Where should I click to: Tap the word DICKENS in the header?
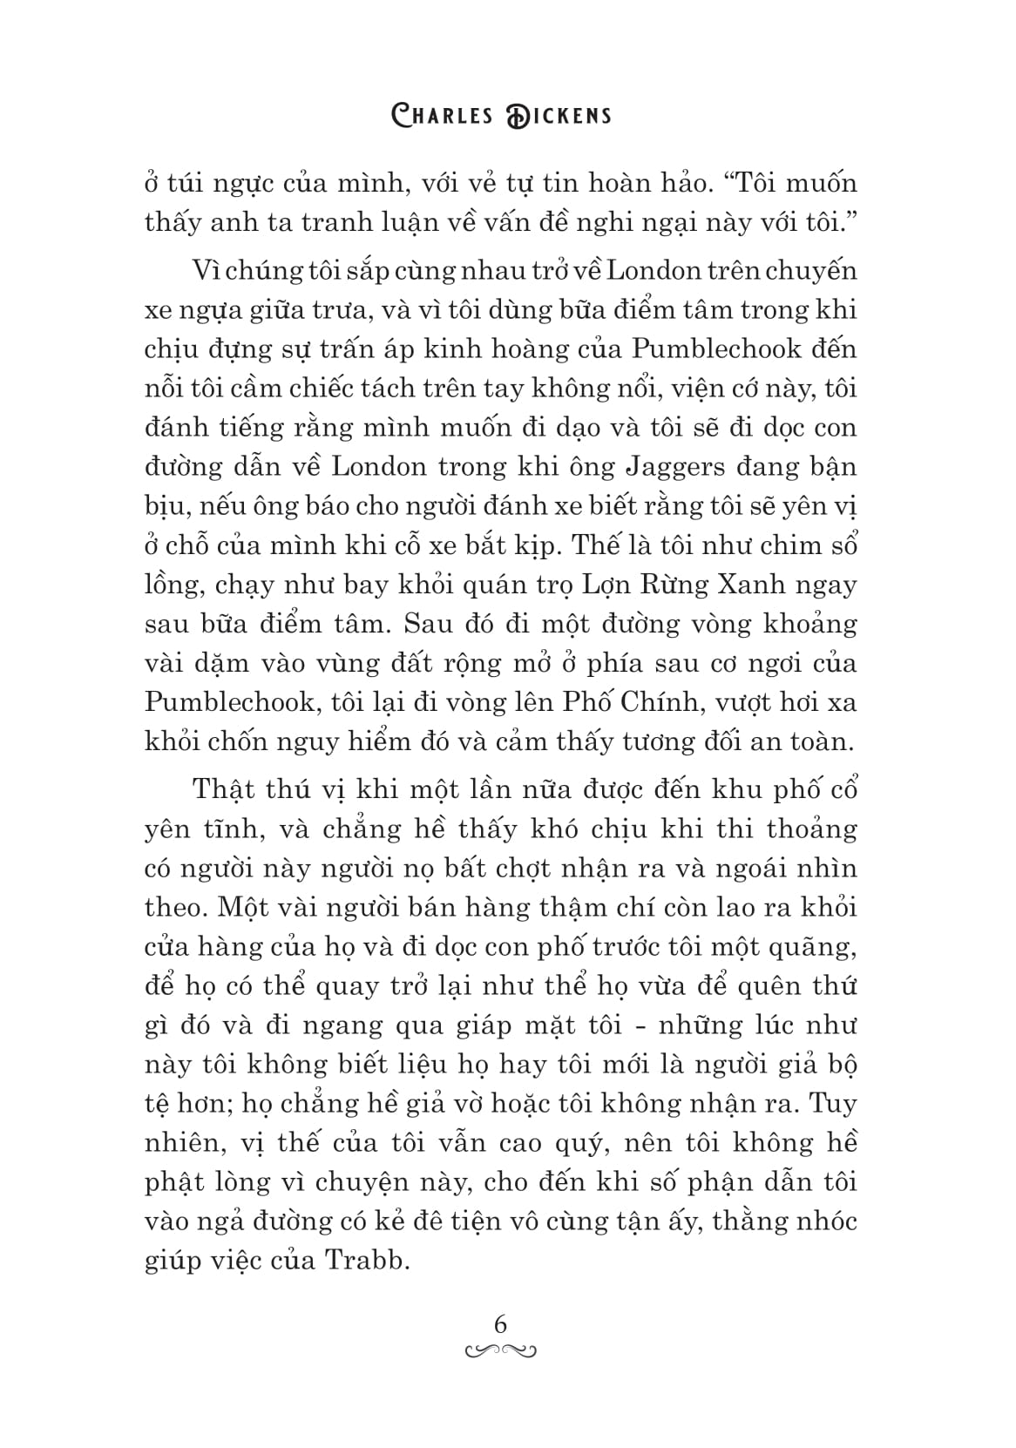tap(558, 115)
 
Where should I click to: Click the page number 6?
tap(500, 1324)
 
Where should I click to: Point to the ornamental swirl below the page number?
tap(501, 1351)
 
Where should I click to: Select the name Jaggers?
tap(675, 467)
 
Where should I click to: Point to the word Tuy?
tap(832, 1104)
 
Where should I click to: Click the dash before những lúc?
tap(640, 1026)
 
